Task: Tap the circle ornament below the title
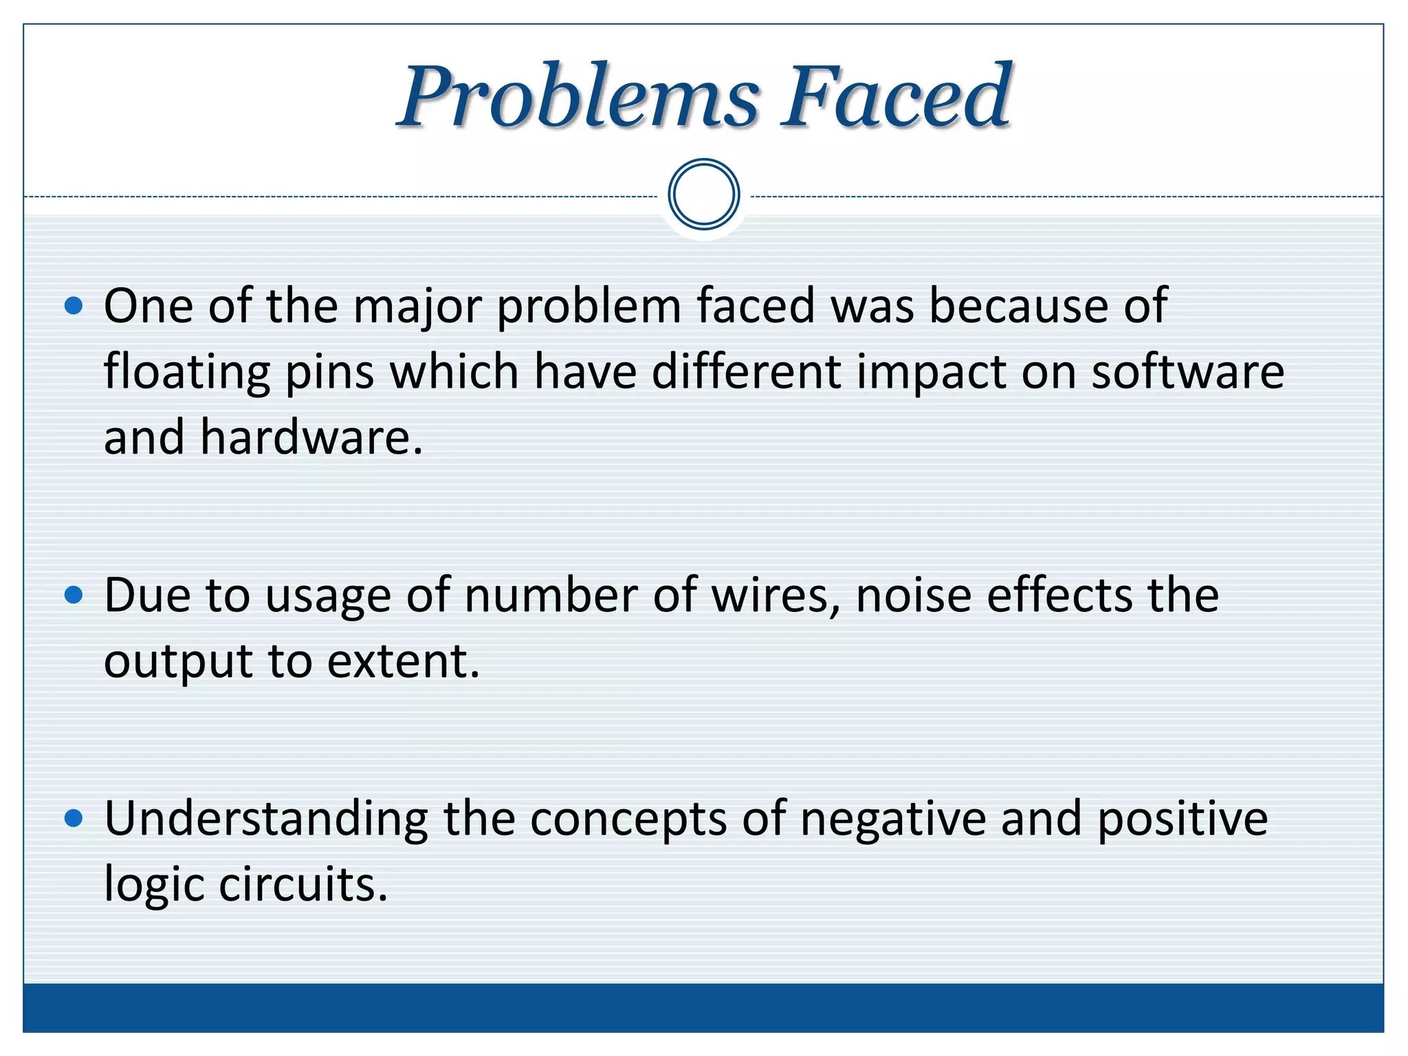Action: (703, 195)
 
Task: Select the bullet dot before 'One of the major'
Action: (74, 305)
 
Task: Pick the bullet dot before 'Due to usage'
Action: (74, 595)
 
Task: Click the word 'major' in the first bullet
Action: (417, 307)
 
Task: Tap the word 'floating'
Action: (186, 373)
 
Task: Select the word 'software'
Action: (1187, 371)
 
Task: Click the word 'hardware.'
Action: (311, 437)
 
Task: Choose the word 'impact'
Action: (931, 373)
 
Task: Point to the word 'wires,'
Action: (776, 595)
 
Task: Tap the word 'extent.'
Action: (403, 661)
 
